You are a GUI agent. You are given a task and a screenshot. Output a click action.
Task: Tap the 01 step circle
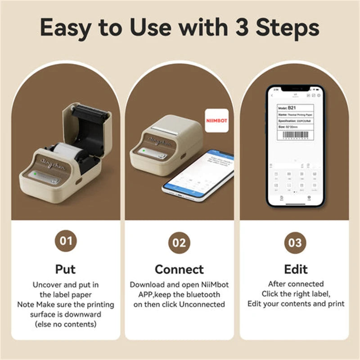[66, 241]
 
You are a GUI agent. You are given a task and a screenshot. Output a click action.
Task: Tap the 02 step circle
[180, 243]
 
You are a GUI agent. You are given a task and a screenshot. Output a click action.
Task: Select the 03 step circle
[295, 243]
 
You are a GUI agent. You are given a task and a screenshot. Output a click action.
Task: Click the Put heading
[66, 269]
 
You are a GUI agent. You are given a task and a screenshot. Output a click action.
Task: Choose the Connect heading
[180, 269]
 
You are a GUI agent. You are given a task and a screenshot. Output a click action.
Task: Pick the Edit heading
[296, 269]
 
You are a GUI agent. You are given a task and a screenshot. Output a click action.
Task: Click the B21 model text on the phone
[292, 108]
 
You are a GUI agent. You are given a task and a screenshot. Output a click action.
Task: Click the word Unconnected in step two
[202, 304]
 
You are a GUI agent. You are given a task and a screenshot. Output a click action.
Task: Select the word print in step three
[335, 304]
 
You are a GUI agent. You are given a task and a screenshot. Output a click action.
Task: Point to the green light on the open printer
[33, 174]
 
